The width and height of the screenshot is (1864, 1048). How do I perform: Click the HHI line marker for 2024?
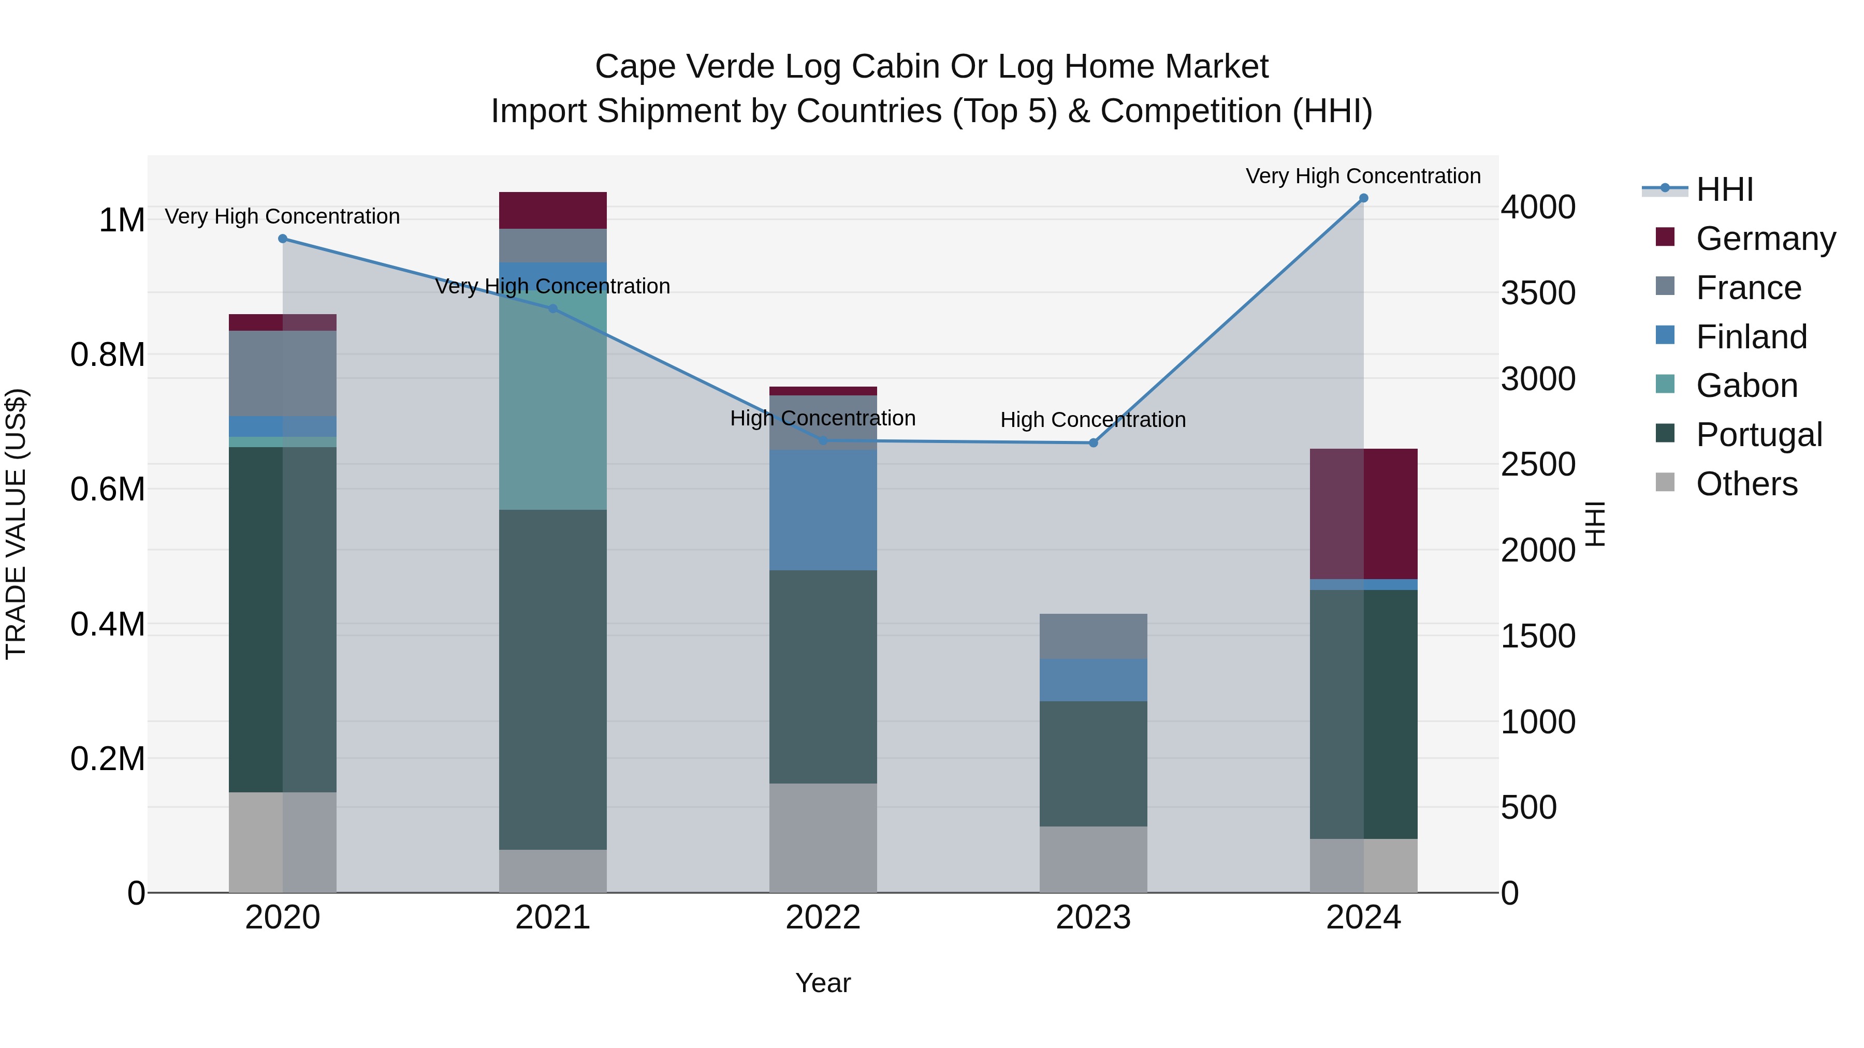tap(1363, 198)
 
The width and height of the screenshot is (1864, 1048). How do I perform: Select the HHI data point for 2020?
tap(283, 239)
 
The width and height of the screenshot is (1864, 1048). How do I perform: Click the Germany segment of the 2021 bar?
tap(553, 211)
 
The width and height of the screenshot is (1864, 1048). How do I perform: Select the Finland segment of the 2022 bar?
tap(823, 510)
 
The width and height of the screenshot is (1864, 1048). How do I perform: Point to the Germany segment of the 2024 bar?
tap(1363, 513)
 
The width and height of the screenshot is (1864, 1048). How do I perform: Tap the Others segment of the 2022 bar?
tap(823, 837)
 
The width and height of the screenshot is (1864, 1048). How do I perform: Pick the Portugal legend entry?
tap(1758, 435)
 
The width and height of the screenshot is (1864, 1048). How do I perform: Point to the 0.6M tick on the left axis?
tap(107, 490)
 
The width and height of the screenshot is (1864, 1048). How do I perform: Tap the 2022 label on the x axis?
tap(823, 918)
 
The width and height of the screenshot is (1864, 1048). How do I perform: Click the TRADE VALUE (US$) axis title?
tap(17, 524)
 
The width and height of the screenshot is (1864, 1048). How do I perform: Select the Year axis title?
tap(823, 983)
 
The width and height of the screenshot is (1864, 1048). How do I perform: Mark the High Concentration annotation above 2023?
tap(1093, 420)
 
